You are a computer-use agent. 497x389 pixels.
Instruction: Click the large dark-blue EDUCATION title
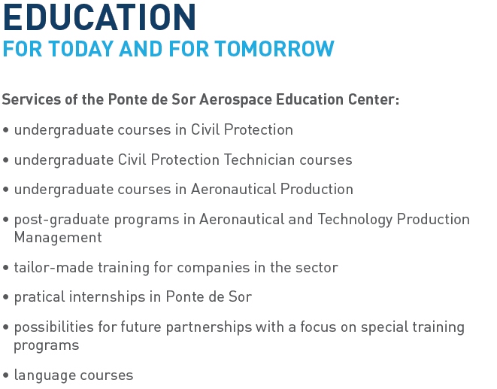(99, 17)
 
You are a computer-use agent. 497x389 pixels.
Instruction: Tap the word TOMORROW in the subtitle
(274, 49)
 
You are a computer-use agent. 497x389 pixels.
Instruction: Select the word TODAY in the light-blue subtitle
(81, 49)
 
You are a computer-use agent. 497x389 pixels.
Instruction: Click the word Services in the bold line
(32, 99)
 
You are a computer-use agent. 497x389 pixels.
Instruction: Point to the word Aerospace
(235, 99)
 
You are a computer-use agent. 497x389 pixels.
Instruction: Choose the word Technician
(259, 160)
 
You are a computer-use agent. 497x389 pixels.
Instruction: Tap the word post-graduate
(62, 220)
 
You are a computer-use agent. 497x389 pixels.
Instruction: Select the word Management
(58, 237)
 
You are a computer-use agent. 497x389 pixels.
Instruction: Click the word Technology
(355, 220)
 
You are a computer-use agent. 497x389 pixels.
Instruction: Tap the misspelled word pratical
(40, 297)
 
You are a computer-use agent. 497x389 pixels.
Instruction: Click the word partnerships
(209, 327)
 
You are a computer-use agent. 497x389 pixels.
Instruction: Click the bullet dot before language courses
(5, 375)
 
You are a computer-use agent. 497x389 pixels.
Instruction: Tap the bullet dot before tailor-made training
(5, 268)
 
